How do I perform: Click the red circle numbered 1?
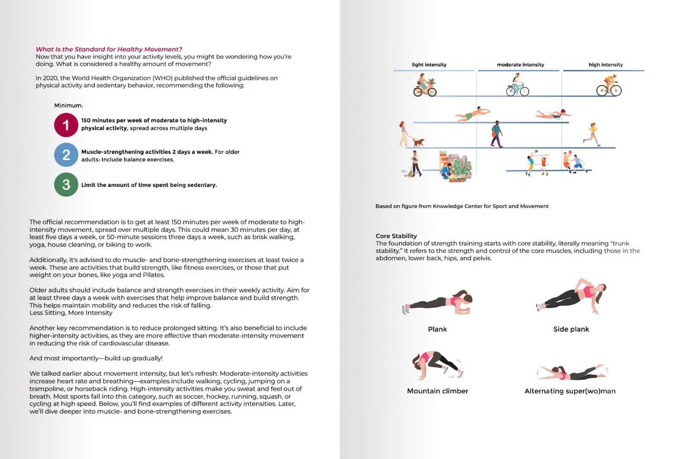(x=66, y=125)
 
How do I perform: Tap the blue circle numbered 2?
(x=66, y=155)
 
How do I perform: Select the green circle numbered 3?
(x=66, y=184)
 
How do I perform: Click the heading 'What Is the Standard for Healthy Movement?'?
(x=109, y=49)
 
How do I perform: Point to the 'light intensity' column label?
(x=429, y=64)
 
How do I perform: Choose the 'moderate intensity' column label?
(x=520, y=64)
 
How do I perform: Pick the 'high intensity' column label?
(x=605, y=64)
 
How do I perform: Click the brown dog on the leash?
(x=419, y=142)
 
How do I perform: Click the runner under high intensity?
(x=592, y=134)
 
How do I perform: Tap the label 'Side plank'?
(x=571, y=329)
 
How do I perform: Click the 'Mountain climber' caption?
(x=438, y=391)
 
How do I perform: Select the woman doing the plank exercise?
(x=439, y=302)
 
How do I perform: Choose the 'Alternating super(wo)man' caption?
(x=570, y=391)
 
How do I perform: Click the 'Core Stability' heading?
(x=396, y=236)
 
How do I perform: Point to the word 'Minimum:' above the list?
(x=68, y=105)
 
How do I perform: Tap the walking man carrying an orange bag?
(x=496, y=134)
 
